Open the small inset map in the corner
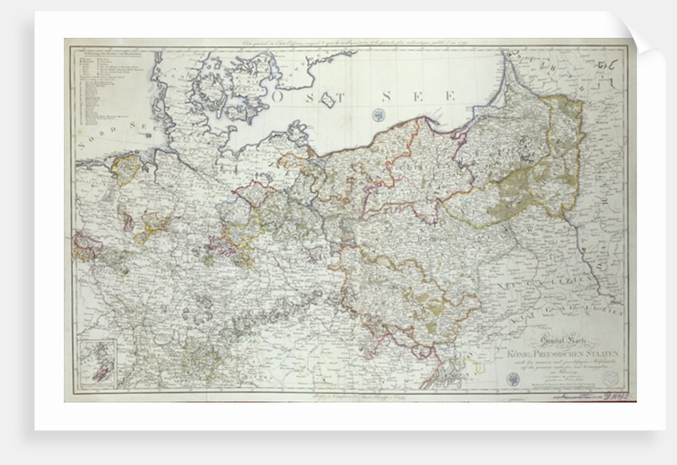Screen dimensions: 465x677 pyautogui.click(x=96, y=359)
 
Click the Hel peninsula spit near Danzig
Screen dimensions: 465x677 pyautogui.click(x=443, y=130)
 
